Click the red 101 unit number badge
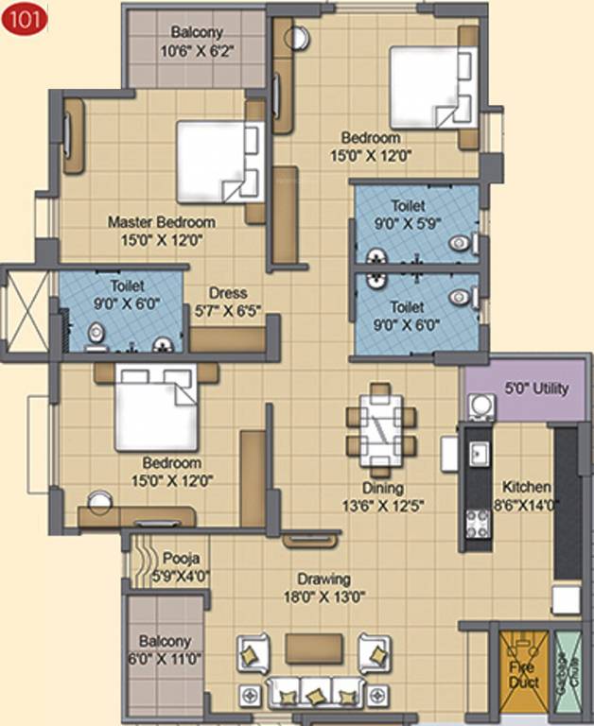pos(18,18)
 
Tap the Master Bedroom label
pos(161,222)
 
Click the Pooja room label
pos(180,557)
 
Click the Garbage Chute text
pos(564,670)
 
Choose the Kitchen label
pos(527,487)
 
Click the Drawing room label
pos(323,579)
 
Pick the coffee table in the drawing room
pos(313,648)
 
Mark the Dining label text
pos(382,489)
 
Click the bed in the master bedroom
pos(218,161)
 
